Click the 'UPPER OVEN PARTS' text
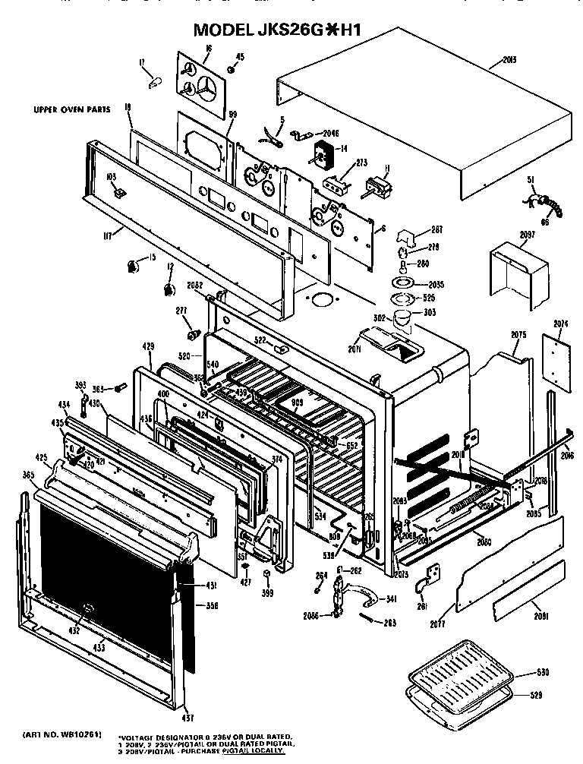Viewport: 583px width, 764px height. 72,109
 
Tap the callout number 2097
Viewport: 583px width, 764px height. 527,236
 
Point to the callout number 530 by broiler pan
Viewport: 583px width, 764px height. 540,673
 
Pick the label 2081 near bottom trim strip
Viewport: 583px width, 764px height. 540,614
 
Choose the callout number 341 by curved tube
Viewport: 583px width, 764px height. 391,599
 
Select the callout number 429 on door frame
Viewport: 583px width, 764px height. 148,346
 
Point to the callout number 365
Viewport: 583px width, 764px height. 29,475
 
